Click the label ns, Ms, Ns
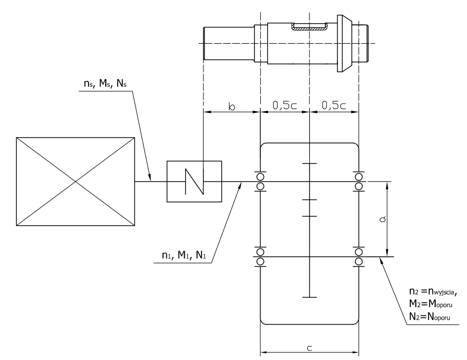click(105, 83)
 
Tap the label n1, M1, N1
click(184, 255)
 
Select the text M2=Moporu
click(431, 304)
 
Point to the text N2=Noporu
click(429, 316)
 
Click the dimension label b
click(232, 106)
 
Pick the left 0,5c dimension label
click(285, 105)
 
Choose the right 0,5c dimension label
click(334, 105)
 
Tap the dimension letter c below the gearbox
click(309, 348)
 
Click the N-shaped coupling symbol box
click(194, 181)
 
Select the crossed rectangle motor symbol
click(76, 181)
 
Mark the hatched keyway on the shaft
click(309, 27)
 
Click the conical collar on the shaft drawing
click(344, 44)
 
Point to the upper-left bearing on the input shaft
click(260, 181)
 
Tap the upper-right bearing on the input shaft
click(359, 181)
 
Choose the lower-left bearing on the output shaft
click(260, 257)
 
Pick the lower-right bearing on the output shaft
click(359, 257)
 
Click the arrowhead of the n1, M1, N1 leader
click(240, 185)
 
